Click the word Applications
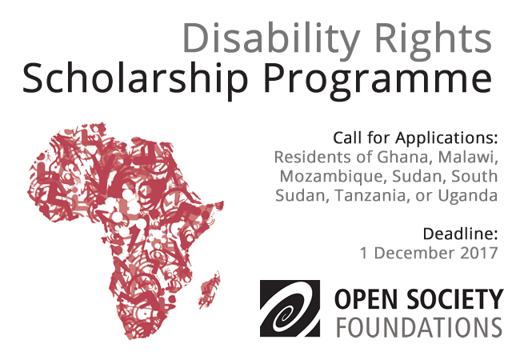(x=446, y=138)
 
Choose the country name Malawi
(x=468, y=157)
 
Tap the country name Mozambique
(x=334, y=176)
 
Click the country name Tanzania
(x=370, y=195)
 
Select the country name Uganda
(x=468, y=195)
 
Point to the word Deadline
(x=460, y=234)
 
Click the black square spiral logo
(x=290, y=309)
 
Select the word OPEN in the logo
(x=367, y=299)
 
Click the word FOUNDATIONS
(x=419, y=327)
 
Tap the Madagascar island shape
(x=209, y=290)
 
